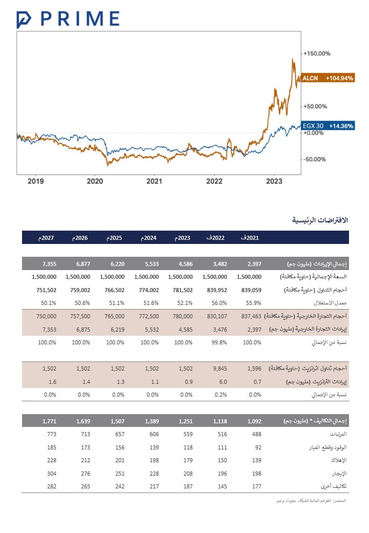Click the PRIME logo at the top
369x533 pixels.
68,19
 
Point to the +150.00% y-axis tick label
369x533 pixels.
317,53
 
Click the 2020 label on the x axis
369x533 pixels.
95,181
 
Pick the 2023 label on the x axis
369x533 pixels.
274,181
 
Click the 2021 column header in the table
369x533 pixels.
251,238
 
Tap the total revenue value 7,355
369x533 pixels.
49,264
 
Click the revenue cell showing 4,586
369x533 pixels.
186,264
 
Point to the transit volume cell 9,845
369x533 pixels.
219,368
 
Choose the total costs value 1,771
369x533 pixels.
49,421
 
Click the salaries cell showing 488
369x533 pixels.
255,434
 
